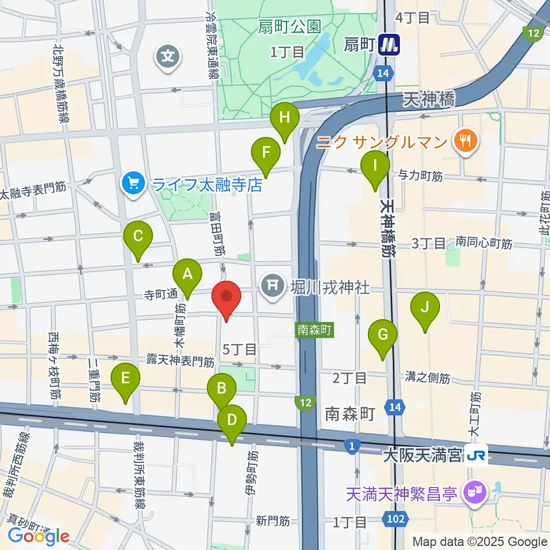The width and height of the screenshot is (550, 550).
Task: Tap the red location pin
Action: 226,298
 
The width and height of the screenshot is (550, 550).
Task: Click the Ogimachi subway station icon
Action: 390,44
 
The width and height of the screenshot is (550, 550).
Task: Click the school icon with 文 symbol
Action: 168,56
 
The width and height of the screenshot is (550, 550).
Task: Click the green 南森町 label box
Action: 313,330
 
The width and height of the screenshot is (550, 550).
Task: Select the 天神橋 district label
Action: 428,101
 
